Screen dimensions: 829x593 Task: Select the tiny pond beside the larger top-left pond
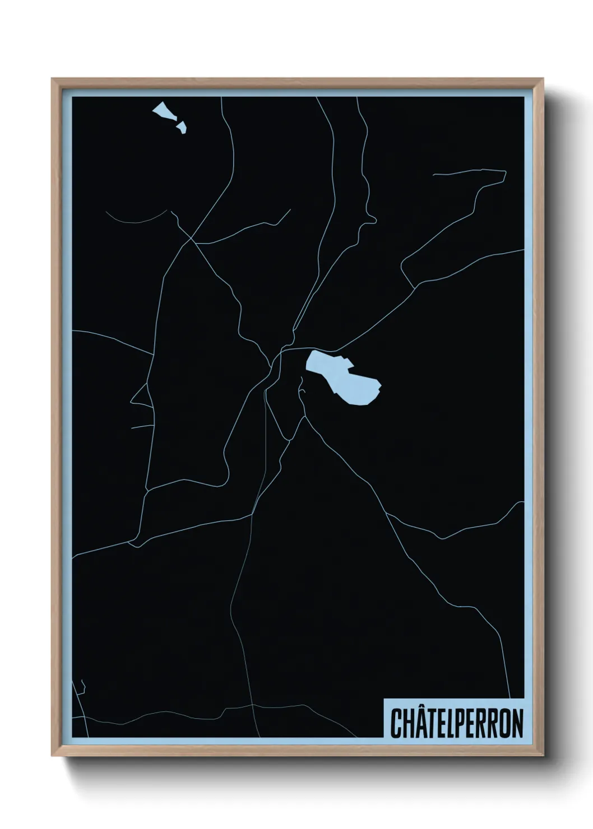click(x=181, y=128)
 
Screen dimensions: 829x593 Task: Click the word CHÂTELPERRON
click(x=456, y=723)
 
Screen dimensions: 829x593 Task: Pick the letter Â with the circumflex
click(x=421, y=723)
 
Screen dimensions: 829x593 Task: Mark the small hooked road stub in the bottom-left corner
click(x=83, y=687)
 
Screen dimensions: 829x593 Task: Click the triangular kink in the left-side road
click(x=132, y=401)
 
